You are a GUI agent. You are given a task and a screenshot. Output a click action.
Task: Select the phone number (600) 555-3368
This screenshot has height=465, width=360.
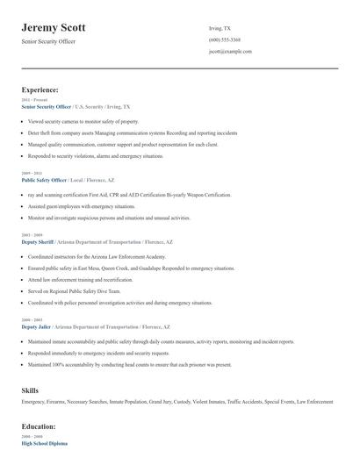pos(224,39)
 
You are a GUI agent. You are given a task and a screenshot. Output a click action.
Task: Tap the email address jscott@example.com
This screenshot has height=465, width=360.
pos(230,51)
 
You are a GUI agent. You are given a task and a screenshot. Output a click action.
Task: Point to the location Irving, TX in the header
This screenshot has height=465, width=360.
pos(220,28)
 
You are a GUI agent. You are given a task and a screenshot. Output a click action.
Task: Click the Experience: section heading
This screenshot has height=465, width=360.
pos(40,89)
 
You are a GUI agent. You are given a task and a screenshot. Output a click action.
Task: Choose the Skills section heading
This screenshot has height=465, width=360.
pos(29,390)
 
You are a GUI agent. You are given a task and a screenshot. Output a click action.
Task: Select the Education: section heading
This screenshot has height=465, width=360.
pos(39,426)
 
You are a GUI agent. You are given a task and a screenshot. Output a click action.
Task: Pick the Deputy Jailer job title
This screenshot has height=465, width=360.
pos(37,326)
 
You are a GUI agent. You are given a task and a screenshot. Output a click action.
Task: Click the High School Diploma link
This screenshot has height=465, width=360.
pos(44,444)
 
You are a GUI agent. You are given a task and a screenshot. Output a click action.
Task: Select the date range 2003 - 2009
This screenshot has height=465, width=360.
pos(31,235)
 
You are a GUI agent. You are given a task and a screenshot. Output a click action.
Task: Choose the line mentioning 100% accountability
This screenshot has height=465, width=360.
pos(129,364)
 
